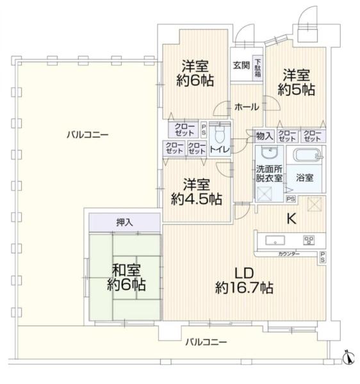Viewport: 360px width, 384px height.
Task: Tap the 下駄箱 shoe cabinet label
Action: click(x=257, y=65)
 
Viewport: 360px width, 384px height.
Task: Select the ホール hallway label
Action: click(x=246, y=106)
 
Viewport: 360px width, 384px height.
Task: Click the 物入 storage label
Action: click(x=265, y=136)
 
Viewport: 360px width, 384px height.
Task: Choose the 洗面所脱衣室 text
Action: click(x=269, y=173)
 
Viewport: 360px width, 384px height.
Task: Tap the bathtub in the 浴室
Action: click(x=308, y=156)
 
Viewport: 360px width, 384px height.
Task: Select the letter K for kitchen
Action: click(x=290, y=219)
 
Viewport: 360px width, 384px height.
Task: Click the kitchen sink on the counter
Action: click(x=275, y=241)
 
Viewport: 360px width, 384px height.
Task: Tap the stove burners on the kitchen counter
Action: click(x=309, y=241)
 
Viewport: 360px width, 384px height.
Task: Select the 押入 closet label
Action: click(x=125, y=223)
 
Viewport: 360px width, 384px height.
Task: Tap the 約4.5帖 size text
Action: click(x=196, y=199)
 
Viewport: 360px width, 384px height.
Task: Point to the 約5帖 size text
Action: click(x=296, y=90)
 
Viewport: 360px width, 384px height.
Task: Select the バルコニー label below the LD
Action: click(x=206, y=343)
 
